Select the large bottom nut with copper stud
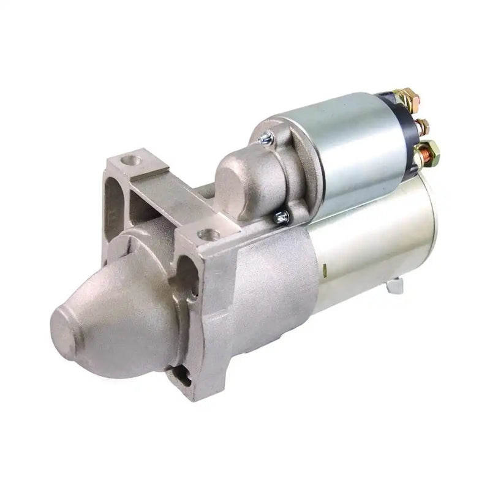(426, 150)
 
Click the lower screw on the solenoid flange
(282, 215)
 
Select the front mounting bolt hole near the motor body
(208, 234)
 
